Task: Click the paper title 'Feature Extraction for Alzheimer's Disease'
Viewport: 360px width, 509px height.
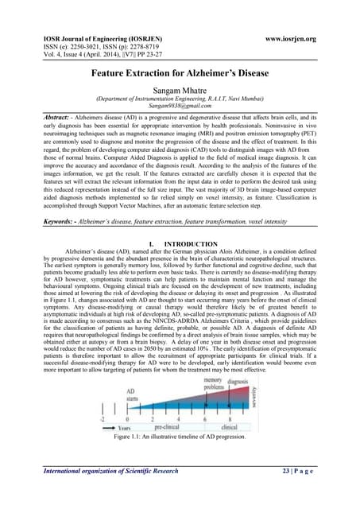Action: (x=180, y=73)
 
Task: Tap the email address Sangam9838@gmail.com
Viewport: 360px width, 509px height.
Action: (x=180, y=105)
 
